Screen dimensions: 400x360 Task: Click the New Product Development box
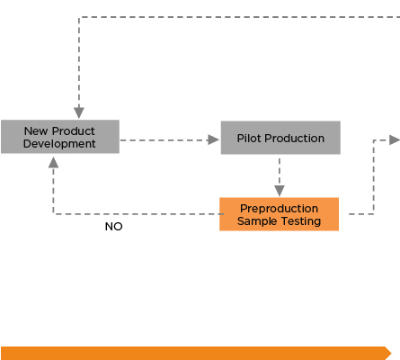pyautogui.click(x=60, y=137)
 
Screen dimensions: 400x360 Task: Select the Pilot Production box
pyautogui.click(x=280, y=138)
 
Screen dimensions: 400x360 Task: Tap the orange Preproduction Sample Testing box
pyautogui.click(x=279, y=214)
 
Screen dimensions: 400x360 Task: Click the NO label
pyautogui.click(x=114, y=227)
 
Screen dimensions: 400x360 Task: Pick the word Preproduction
pyautogui.click(x=279, y=209)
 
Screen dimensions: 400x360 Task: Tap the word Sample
pyautogui.click(x=253, y=221)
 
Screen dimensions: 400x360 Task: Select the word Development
pyautogui.click(x=59, y=144)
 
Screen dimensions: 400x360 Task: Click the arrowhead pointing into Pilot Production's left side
pyautogui.click(x=213, y=139)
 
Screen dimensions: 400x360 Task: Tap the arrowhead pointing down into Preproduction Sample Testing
pyautogui.click(x=280, y=191)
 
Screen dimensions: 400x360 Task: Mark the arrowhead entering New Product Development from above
pyautogui.click(x=79, y=112)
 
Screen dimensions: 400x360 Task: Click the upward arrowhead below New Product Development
pyautogui.click(x=53, y=162)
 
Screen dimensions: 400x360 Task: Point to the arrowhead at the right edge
pyautogui.click(x=395, y=139)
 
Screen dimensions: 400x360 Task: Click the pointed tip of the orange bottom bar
pyautogui.click(x=391, y=353)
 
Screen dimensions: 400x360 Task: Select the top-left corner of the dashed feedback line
pyautogui.click(x=79, y=17)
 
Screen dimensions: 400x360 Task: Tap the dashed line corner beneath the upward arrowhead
pyautogui.click(x=53, y=214)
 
